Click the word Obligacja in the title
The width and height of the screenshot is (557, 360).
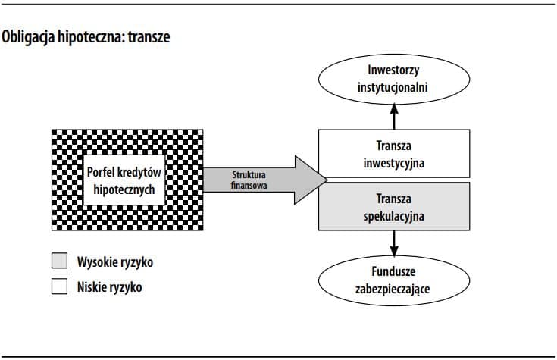[x=31, y=37]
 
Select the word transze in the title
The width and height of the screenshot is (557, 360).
[x=149, y=37]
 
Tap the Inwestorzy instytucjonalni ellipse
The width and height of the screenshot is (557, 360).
[x=393, y=80]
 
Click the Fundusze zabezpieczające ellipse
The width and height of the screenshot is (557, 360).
[x=393, y=279]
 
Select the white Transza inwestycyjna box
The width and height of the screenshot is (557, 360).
[x=393, y=154]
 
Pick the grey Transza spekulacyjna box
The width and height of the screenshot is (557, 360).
[x=393, y=207]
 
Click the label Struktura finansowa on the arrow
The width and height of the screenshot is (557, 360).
[x=249, y=180]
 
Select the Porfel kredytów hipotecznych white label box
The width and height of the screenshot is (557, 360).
[x=123, y=180]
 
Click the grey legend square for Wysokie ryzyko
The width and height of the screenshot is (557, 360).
[x=59, y=262]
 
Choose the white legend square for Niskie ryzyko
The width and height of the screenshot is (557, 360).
[x=59, y=287]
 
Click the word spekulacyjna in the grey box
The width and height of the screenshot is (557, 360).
[x=393, y=216]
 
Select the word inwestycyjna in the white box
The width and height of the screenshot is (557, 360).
[x=393, y=163]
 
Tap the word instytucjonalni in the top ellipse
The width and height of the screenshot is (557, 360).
[x=393, y=88]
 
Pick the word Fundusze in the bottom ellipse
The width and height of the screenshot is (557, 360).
[x=393, y=271]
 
